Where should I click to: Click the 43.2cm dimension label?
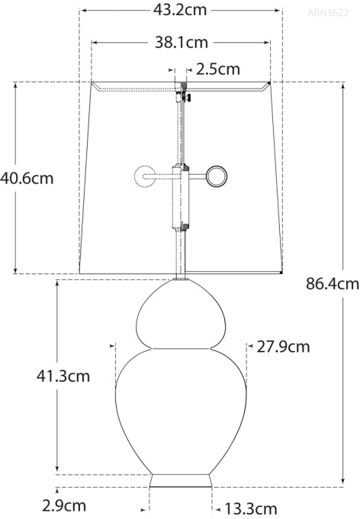(180, 11)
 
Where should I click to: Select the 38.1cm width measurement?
(180, 44)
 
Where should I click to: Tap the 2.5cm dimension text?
(218, 69)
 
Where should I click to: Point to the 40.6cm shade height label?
(27, 178)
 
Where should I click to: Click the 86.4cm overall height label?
(332, 285)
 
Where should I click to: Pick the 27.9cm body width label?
(283, 347)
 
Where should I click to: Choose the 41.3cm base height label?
(63, 376)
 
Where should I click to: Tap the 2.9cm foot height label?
(64, 505)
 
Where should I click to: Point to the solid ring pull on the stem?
(216, 176)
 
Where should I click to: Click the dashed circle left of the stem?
(144, 177)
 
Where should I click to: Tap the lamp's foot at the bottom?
(181, 481)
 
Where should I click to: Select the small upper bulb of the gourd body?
(181, 314)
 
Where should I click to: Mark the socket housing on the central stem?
(182, 197)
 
